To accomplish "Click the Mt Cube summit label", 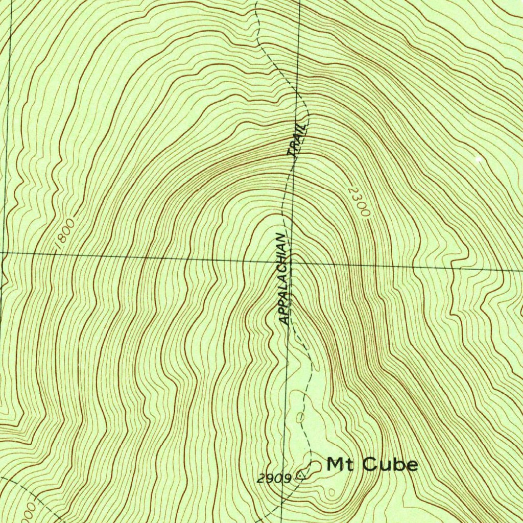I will (x=372, y=465).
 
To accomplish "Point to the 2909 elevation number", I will (x=274, y=479).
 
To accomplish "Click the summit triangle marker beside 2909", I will (x=300, y=477).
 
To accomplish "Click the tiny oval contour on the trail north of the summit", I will (x=300, y=418).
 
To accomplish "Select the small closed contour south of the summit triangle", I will (x=332, y=492).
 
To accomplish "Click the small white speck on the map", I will (x=479, y=160).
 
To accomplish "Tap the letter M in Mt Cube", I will (x=335, y=465).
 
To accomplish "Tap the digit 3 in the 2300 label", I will (x=356, y=198).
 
